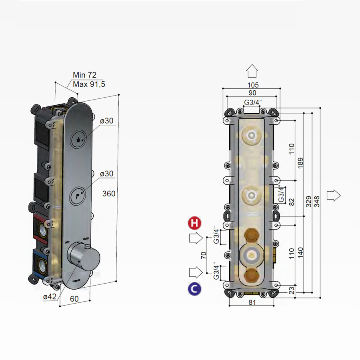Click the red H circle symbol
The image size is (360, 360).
tap(195, 223)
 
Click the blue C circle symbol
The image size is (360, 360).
tap(195, 289)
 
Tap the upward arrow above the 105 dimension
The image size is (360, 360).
tap(252, 71)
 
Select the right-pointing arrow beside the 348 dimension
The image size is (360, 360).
tap(333, 196)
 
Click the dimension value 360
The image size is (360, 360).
tap(109, 194)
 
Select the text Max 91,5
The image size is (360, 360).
tap(89, 84)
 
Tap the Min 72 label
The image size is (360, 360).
tap(84, 75)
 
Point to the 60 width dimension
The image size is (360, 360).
tap(74, 299)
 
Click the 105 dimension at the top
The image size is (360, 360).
tap(253, 85)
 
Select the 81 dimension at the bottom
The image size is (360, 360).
tap(252, 302)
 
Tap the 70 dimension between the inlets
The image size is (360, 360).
tap(203, 256)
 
